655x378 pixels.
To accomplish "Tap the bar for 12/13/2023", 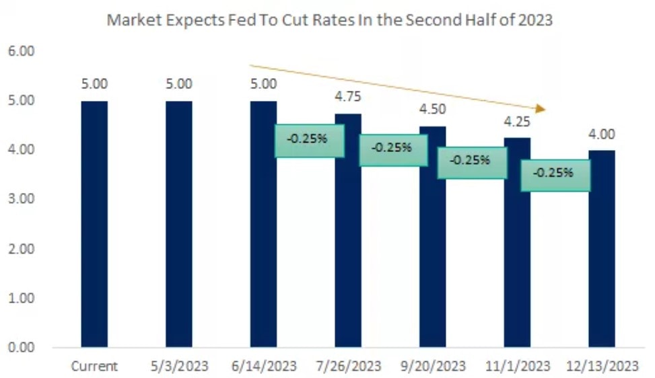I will tap(602, 249).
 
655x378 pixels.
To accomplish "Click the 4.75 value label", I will tap(348, 97).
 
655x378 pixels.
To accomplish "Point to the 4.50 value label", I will tap(433, 109).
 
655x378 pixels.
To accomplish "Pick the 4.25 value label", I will tap(517, 122).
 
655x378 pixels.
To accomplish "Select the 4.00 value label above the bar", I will tap(602, 134).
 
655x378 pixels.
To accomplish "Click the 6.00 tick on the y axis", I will tap(21, 52).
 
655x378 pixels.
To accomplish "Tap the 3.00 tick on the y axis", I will tap(21, 200).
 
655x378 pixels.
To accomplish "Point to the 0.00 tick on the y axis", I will tap(21, 348).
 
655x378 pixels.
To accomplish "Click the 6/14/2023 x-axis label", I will tap(263, 367).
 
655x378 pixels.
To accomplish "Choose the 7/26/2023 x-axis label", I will tap(348, 367).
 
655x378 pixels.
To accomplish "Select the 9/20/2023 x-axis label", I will tap(433, 367).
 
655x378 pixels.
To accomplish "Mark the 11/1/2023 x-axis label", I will tap(517, 367).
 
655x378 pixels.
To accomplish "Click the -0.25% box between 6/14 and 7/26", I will tap(309, 141).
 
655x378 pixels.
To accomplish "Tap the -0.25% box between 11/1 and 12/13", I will tap(555, 174).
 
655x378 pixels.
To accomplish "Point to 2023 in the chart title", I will tap(535, 20).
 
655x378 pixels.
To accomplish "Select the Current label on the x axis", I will tap(94, 367).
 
